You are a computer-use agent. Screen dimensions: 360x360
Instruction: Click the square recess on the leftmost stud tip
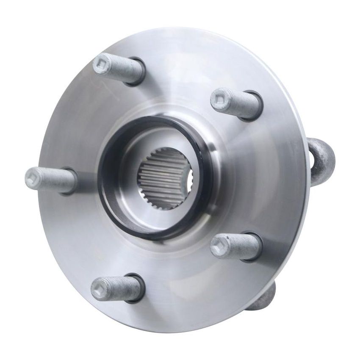click(x=32, y=177)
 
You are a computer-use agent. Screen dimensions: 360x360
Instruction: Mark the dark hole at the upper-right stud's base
click(x=255, y=106)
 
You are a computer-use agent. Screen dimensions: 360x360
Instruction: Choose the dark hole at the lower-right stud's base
click(x=255, y=247)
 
